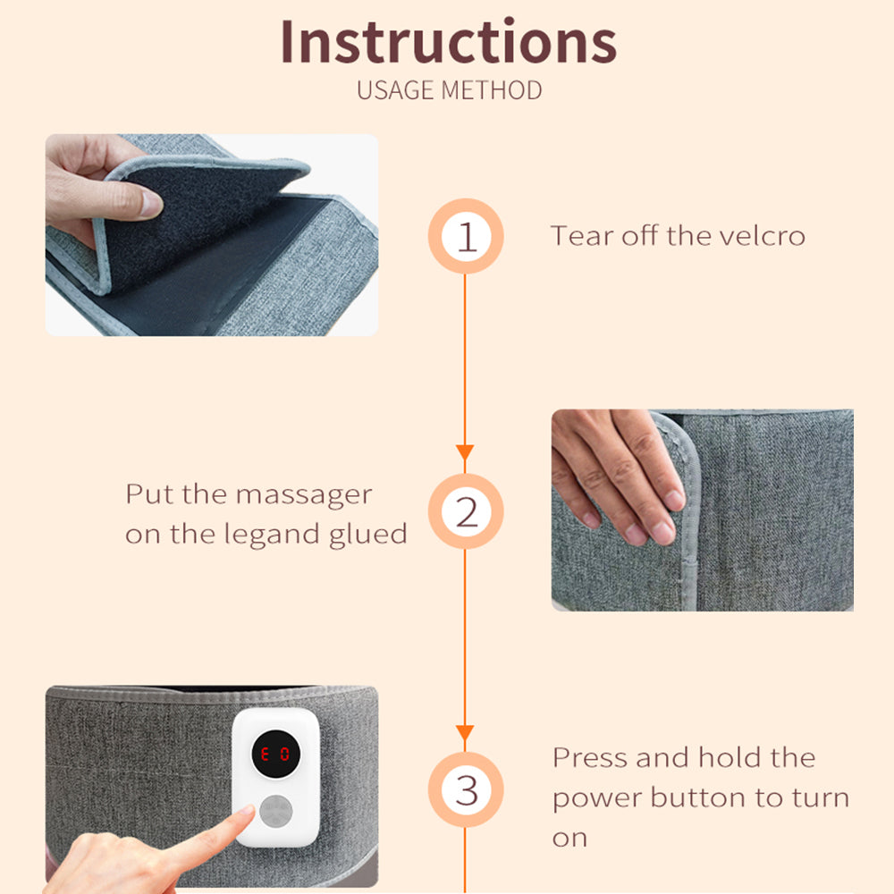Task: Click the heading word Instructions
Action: (448, 41)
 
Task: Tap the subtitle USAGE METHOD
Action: (450, 90)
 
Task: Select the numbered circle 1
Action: (466, 236)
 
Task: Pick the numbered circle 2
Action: (466, 511)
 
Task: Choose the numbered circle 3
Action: (466, 789)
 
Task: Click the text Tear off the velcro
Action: (678, 236)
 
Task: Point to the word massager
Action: (304, 495)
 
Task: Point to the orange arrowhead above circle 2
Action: (465, 452)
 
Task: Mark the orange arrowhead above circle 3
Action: (465, 733)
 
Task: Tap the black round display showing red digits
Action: (276, 754)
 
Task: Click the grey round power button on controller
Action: (276, 812)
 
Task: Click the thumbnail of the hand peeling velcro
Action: (212, 235)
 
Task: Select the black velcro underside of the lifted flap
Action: (199, 223)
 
